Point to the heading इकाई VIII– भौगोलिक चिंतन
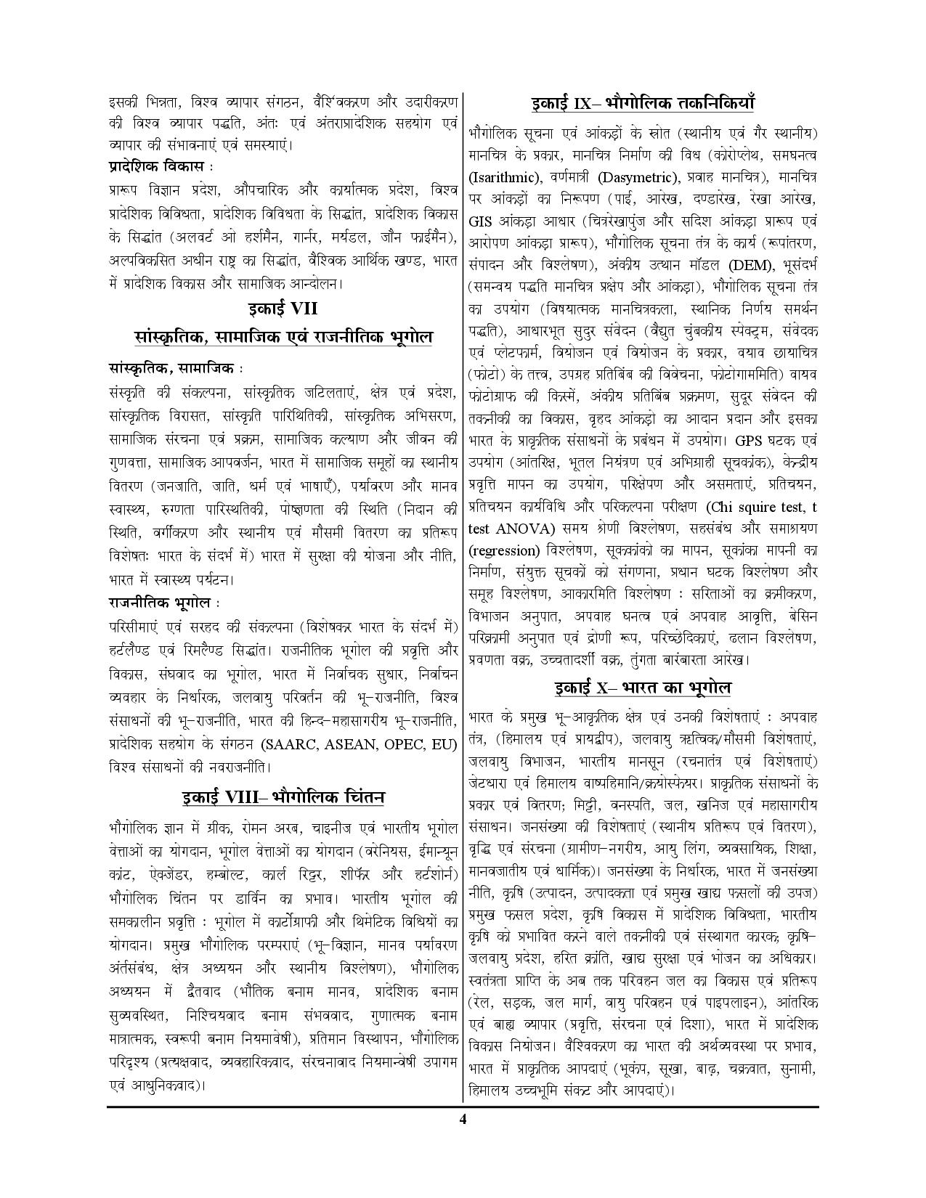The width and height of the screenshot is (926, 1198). pyautogui.click(x=283, y=797)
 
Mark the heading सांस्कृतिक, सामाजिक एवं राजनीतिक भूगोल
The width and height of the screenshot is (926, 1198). pyautogui.click(x=283, y=338)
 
